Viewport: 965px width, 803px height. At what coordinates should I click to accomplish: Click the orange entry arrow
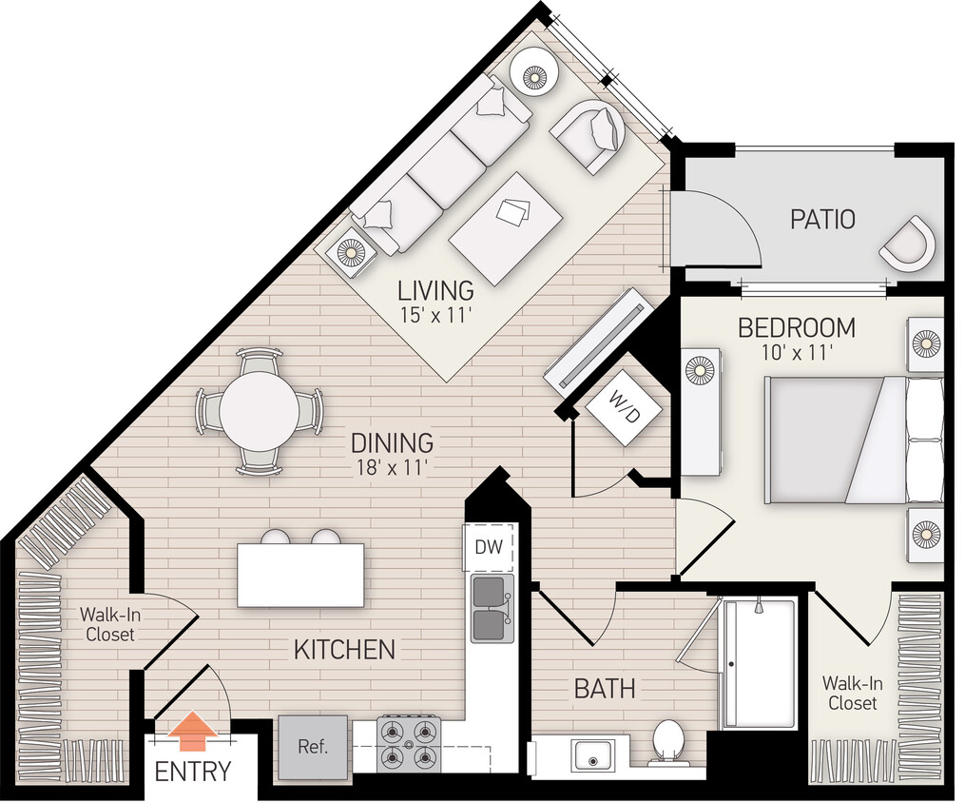(x=197, y=732)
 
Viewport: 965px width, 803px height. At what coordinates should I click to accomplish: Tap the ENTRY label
(x=193, y=772)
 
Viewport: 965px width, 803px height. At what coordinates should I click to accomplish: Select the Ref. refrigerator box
(x=313, y=747)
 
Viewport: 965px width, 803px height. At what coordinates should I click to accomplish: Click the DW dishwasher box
(x=489, y=548)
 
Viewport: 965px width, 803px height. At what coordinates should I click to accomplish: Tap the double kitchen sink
(x=492, y=608)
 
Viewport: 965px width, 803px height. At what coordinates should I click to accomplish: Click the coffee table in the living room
(x=503, y=228)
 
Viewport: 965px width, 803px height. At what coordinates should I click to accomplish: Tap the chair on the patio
(x=909, y=245)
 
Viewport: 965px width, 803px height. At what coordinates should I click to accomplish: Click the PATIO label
(x=822, y=220)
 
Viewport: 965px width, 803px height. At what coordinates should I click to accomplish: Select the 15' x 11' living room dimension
(x=435, y=316)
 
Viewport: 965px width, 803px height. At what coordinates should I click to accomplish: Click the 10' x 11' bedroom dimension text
(x=797, y=353)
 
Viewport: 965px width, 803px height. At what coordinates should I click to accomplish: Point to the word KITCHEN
(x=344, y=651)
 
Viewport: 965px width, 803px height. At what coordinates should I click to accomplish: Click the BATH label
(x=604, y=688)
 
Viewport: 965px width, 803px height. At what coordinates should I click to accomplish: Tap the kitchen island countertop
(x=300, y=575)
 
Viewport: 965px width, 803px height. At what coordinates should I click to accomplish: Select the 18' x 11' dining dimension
(x=392, y=467)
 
